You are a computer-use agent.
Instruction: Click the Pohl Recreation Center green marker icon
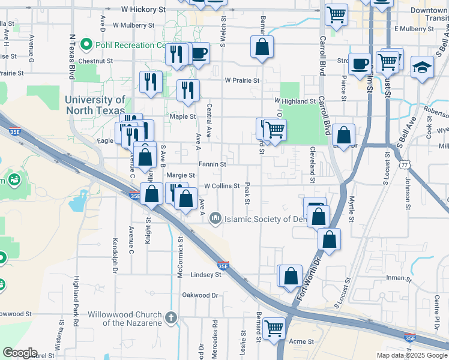pyautogui.click(x=87, y=44)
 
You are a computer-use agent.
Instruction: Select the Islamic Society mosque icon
pyautogui.click(x=215, y=220)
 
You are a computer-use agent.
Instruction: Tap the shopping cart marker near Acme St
pyautogui.click(x=274, y=328)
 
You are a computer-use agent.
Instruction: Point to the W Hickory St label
pyautogui.click(x=143, y=10)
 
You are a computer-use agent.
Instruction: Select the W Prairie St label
pyautogui.click(x=242, y=80)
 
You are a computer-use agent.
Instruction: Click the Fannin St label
pyautogui.click(x=212, y=164)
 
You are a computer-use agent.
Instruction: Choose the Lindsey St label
pyautogui.click(x=206, y=274)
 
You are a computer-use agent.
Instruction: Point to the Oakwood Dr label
pyautogui.click(x=200, y=295)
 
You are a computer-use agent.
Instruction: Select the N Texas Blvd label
pyautogui.click(x=71, y=57)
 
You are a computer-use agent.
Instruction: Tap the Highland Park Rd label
pyautogui.click(x=76, y=301)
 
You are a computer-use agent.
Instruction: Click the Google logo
pyautogui.click(x=20, y=353)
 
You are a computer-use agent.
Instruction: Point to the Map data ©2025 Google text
pyautogui.click(x=411, y=355)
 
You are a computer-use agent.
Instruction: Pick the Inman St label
pyautogui.click(x=399, y=278)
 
